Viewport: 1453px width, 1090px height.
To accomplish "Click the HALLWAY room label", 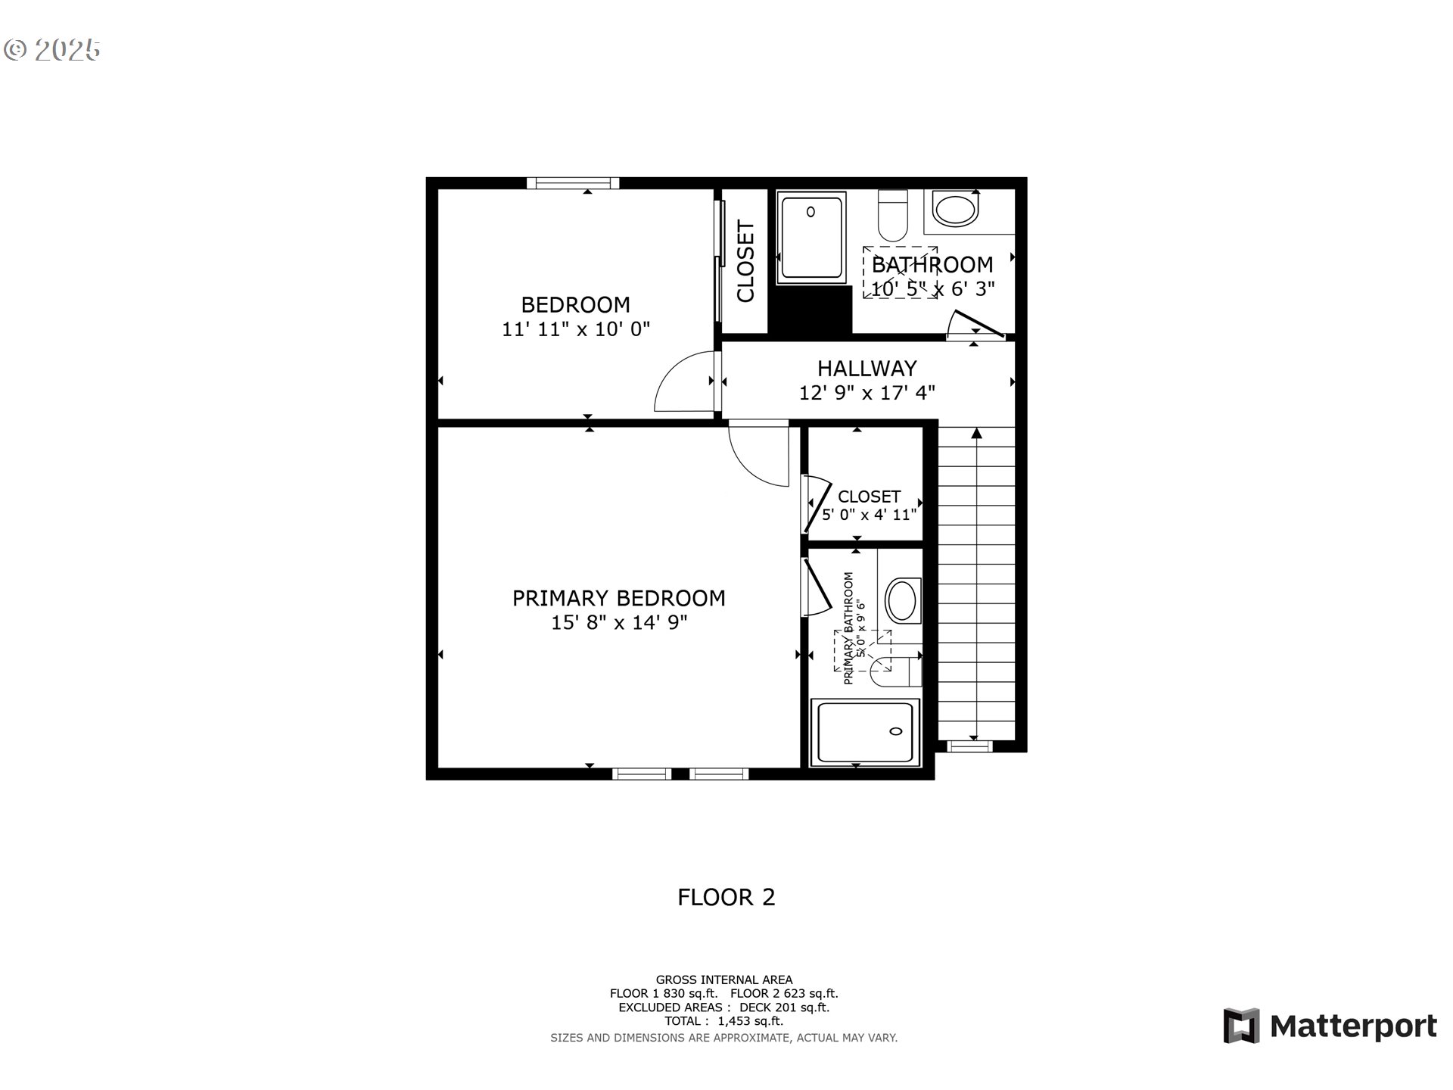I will [867, 369].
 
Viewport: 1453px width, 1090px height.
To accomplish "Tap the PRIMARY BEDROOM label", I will [618, 598].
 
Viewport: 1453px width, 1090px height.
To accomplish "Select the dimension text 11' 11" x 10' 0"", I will [576, 329].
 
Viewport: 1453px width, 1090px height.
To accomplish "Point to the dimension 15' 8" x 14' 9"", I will [618, 623].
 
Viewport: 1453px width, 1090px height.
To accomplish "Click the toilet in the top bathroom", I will [893, 216].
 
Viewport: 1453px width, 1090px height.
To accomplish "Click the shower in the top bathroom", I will [811, 237].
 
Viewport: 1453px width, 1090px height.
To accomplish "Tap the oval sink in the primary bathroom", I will [901, 600].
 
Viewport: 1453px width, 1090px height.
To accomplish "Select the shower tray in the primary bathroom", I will [865, 732].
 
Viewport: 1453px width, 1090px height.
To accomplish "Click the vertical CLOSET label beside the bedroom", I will [745, 261].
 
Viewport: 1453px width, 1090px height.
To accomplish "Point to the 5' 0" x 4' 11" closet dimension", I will [869, 515].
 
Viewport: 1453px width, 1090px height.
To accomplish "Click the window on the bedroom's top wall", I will [573, 183].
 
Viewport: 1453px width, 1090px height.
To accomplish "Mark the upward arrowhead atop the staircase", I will [976, 433].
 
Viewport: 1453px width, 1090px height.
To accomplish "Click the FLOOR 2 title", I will [726, 897].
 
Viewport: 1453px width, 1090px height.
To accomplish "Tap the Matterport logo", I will [1330, 1026].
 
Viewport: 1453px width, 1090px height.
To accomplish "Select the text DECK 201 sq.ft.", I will [784, 1007].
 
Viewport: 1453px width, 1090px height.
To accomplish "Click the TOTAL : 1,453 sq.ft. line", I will [723, 1021].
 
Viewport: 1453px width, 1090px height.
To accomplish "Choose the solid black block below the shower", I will [811, 310].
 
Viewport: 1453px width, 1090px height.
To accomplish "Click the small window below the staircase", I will [970, 746].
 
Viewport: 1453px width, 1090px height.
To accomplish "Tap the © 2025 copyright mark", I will [51, 50].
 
